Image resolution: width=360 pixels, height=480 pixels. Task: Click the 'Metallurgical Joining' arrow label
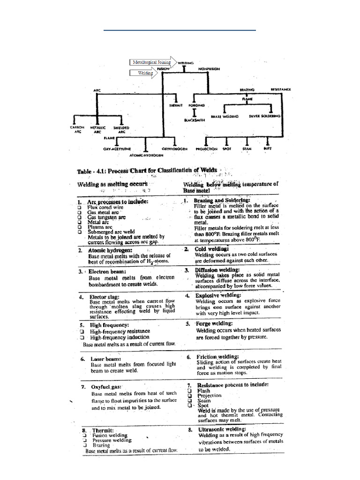pos(151,62)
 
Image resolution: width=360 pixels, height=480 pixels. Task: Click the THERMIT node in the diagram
pos(174,106)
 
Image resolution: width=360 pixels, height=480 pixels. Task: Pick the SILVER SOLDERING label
pos(265,115)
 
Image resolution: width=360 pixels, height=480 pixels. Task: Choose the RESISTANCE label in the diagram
pos(280,89)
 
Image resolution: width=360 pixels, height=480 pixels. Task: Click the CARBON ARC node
pos(77,129)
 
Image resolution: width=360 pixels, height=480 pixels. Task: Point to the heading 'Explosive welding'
pos(218,295)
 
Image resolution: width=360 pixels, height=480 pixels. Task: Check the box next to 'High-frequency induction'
pos(82,337)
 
